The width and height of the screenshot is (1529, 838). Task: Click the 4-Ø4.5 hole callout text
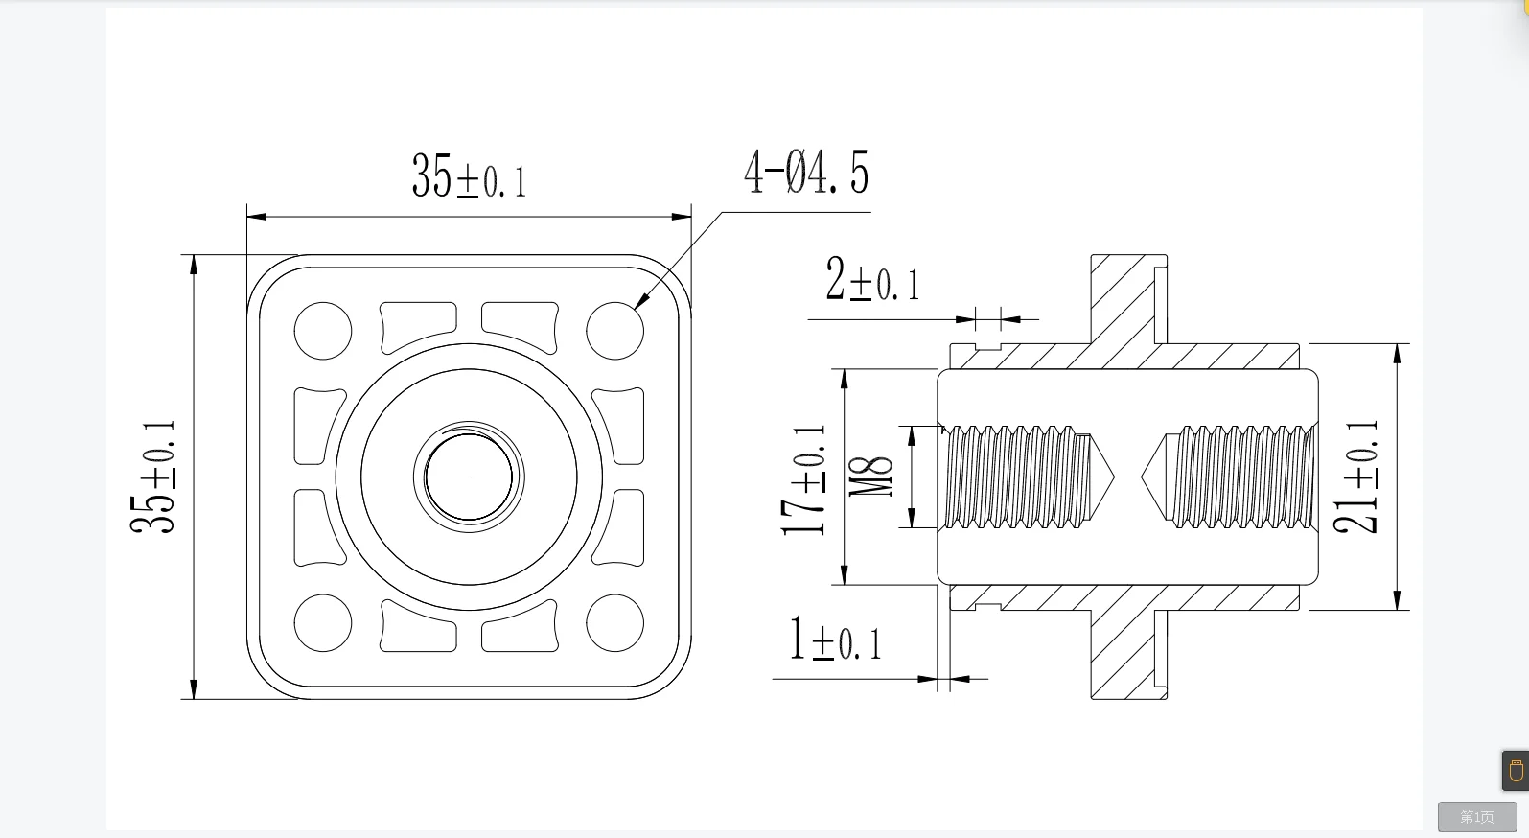[x=805, y=174]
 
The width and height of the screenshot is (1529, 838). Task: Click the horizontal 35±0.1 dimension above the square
[x=469, y=176]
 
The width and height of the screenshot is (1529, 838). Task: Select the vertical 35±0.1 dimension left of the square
[x=153, y=477]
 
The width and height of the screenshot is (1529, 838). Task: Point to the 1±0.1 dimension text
[x=834, y=640]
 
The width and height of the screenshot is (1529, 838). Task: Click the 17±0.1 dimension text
[x=803, y=479]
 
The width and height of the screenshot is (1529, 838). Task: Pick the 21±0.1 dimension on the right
[x=1356, y=477]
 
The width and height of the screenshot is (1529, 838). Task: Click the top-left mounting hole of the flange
[x=323, y=331]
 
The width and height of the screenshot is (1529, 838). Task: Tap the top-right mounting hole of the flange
[x=614, y=331]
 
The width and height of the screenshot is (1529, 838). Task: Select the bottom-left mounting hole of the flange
[x=323, y=622]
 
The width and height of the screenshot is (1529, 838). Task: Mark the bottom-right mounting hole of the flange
[x=614, y=622]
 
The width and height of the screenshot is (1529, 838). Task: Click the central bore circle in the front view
[x=469, y=477]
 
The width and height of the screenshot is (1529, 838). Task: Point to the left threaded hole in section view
[x=1016, y=477]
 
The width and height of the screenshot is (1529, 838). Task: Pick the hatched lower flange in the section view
[x=1122, y=652]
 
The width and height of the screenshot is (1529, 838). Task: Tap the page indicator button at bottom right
[x=1476, y=817]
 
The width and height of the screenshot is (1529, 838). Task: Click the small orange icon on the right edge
[x=1516, y=771]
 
